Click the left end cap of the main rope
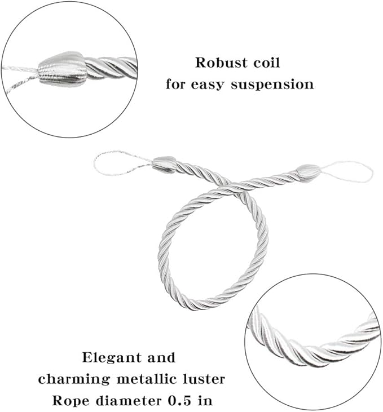[x=164, y=164]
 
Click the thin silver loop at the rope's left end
[x=118, y=163]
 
